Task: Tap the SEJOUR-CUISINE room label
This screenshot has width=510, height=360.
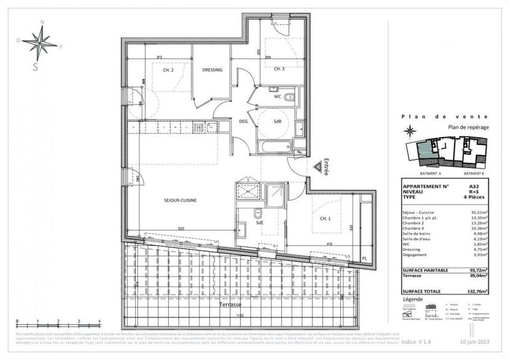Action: (179, 200)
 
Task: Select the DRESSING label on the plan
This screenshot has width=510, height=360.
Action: (212, 70)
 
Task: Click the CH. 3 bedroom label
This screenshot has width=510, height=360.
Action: (279, 69)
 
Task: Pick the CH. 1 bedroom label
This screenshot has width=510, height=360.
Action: (325, 219)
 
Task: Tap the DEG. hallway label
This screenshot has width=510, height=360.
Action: (243, 120)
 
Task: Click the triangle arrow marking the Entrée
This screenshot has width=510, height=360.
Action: (317, 167)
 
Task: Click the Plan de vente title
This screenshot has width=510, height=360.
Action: (445, 117)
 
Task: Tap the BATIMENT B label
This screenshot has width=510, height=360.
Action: (473, 173)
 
